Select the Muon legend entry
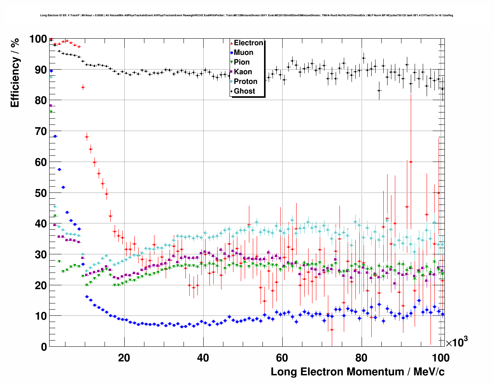point(243,53)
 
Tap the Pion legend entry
point(242,62)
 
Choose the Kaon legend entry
point(243,72)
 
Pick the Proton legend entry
point(245,82)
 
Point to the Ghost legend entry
point(244,91)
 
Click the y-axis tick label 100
point(38,39)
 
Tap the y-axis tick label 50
point(41,193)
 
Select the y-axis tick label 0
point(44,347)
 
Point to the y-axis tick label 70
point(41,131)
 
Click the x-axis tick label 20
point(124,358)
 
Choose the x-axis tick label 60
point(282,358)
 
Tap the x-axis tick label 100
point(441,358)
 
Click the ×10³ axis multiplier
point(456,342)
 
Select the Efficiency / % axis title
point(15,72)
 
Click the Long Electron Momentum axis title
point(357,372)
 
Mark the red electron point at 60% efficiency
point(411,162)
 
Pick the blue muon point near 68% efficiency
point(55,136)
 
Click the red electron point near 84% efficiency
point(83,87)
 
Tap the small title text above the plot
point(247,15)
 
